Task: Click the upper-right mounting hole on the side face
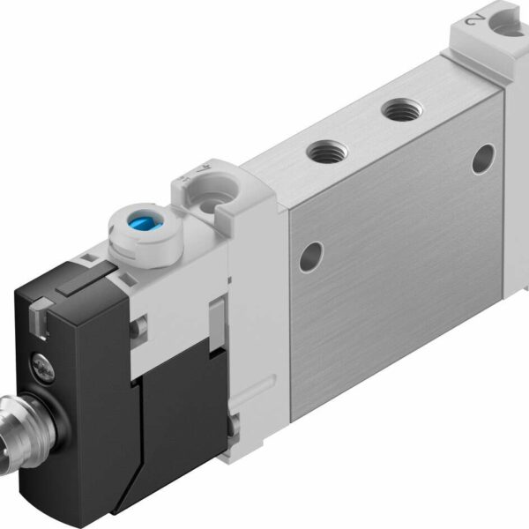(x=483, y=159)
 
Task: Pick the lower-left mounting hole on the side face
(x=307, y=258)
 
